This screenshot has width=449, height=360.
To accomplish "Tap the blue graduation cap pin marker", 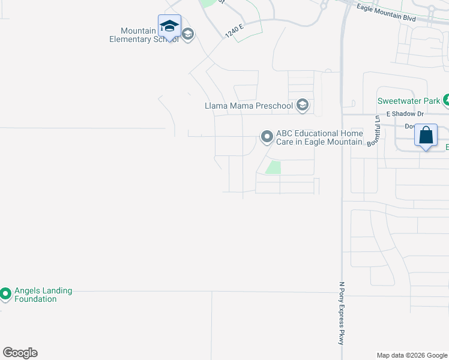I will (x=169, y=26).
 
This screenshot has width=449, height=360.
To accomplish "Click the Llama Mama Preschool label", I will (x=249, y=106).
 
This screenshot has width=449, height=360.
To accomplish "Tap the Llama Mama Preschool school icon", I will (x=303, y=106).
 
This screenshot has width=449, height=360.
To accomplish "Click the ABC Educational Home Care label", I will (x=319, y=137).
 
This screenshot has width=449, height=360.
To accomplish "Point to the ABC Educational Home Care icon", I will (x=267, y=137).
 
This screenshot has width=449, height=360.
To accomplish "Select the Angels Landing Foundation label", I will (x=43, y=295).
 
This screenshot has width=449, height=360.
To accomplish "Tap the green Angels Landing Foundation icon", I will (x=5, y=294).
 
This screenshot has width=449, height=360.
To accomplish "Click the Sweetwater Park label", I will (x=409, y=101).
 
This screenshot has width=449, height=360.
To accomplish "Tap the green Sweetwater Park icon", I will (x=446, y=101).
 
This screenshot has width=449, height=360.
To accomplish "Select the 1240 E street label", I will (x=235, y=30).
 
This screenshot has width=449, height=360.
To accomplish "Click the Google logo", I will (x=20, y=353).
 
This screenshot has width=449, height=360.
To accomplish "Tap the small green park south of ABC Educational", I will (x=273, y=167).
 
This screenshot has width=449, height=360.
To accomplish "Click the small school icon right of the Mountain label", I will (x=187, y=34).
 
